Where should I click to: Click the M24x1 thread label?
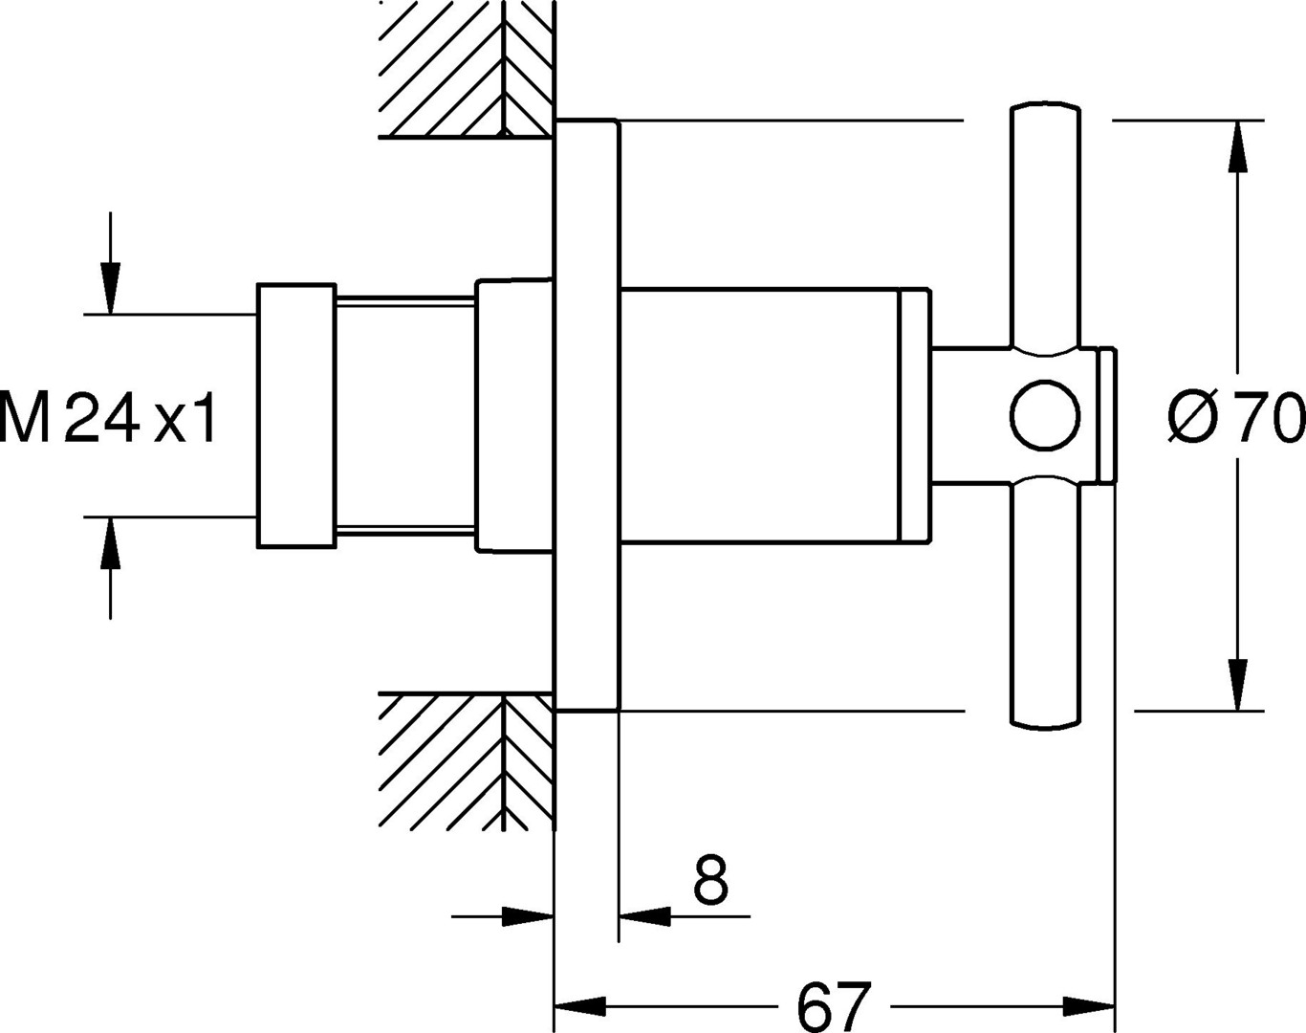[108, 418]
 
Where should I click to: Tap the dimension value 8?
[710, 880]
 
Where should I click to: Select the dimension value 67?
[834, 1006]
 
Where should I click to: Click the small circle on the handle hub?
[1045, 416]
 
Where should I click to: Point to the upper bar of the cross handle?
[1045, 226]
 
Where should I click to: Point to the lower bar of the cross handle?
[1045, 602]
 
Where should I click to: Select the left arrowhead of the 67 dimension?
[580, 1006]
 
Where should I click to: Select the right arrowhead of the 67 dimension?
[1089, 1006]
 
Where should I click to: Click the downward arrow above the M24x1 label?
[110, 262]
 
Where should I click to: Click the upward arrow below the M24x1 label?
[110, 568]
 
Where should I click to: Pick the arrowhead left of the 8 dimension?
[528, 916]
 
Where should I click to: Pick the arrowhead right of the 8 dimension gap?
[644, 916]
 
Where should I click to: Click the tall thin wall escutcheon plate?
[587, 415]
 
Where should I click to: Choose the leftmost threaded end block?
[296, 415]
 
